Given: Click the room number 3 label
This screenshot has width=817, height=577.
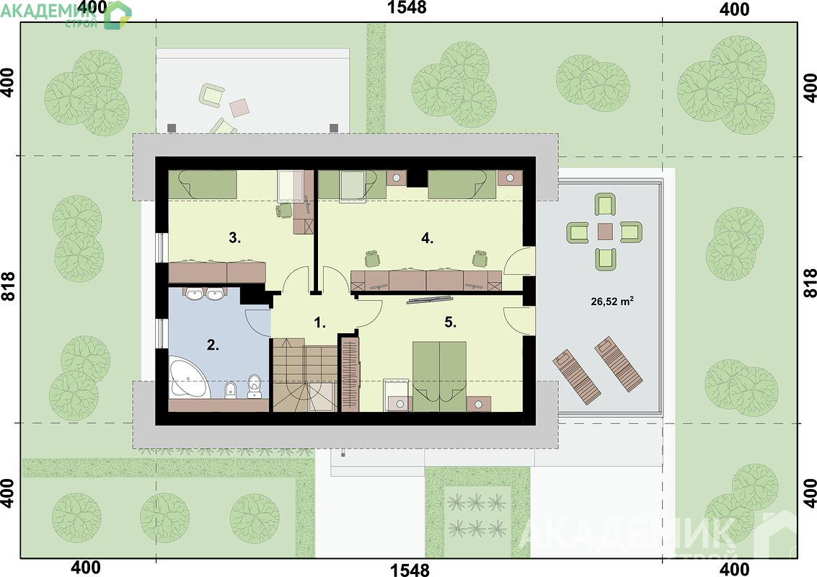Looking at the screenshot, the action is pyautogui.click(x=234, y=238).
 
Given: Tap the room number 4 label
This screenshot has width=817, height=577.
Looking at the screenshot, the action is pyautogui.click(x=428, y=238).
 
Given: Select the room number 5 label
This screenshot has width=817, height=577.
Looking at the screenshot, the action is pyautogui.click(x=451, y=322).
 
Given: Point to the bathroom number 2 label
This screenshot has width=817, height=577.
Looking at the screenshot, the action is pyautogui.click(x=213, y=345).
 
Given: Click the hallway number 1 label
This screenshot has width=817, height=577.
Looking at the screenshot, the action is pyautogui.click(x=319, y=322).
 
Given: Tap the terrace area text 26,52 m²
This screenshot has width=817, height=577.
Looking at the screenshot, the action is pyautogui.click(x=612, y=300).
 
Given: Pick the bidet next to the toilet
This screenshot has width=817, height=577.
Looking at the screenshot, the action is pyautogui.click(x=230, y=389).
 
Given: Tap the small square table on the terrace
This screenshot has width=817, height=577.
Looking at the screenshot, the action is pyautogui.click(x=605, y=231).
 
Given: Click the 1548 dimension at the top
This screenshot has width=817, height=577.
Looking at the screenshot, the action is pyautogui.click(x=407, y=7).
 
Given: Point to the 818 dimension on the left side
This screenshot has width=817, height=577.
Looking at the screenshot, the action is pyautogui.click(x=8, y=286).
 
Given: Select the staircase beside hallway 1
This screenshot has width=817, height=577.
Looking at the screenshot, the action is pyautogui.click(x=304, y=374).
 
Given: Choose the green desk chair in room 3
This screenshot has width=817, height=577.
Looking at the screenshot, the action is pyautogui.click(x=284, y=210).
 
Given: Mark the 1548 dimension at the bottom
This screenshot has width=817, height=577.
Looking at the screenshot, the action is pyautogui.click(x=410, y=569).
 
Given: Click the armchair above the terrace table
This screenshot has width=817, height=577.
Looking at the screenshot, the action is pyautogui.click(x=605, y=204).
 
